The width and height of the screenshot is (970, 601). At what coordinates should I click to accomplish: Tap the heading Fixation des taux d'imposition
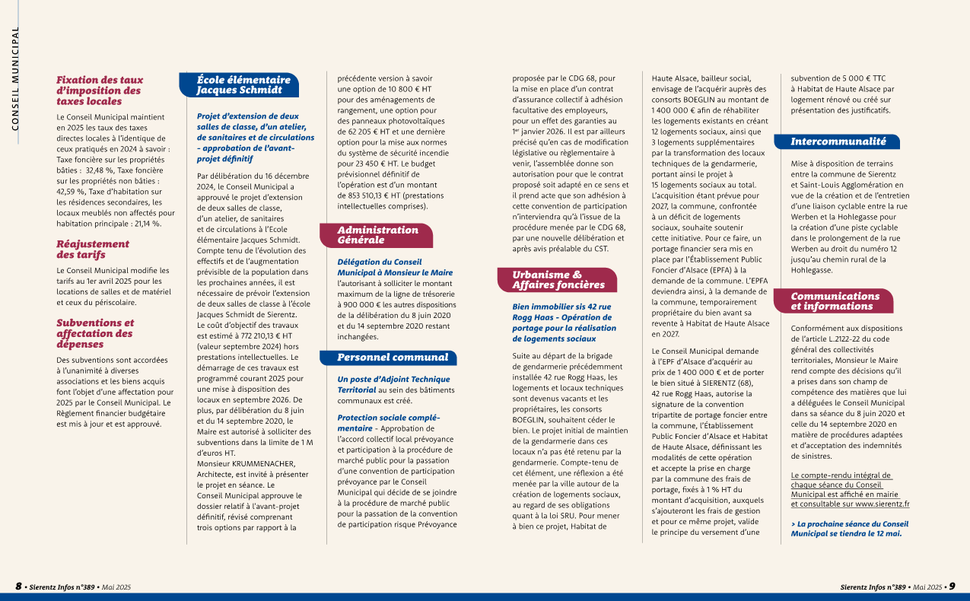coord(100,90)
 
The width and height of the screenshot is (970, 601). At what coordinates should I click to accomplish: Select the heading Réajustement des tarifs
coord(93,250)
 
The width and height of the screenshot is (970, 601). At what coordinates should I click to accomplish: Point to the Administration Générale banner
coord(377,234)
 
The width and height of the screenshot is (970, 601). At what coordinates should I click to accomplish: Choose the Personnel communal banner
coord(393,357)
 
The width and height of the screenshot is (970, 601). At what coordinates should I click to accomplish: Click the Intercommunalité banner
coord(838,142)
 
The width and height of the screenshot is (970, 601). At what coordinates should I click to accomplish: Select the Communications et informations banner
coord(835,301)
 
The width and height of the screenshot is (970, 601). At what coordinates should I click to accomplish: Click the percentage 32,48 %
coord(103,150)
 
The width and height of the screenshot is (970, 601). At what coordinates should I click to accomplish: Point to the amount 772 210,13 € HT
coord(241,335)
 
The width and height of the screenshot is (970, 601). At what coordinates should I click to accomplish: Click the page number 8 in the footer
coord(18,587)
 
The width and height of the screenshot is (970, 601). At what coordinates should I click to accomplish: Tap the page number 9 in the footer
coord(951,587)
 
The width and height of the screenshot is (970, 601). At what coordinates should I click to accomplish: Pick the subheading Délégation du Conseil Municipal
coord(395,267)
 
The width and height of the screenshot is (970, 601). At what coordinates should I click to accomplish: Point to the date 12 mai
coord(886,533)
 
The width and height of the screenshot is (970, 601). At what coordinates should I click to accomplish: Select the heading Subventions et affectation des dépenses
coord(95,333)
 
